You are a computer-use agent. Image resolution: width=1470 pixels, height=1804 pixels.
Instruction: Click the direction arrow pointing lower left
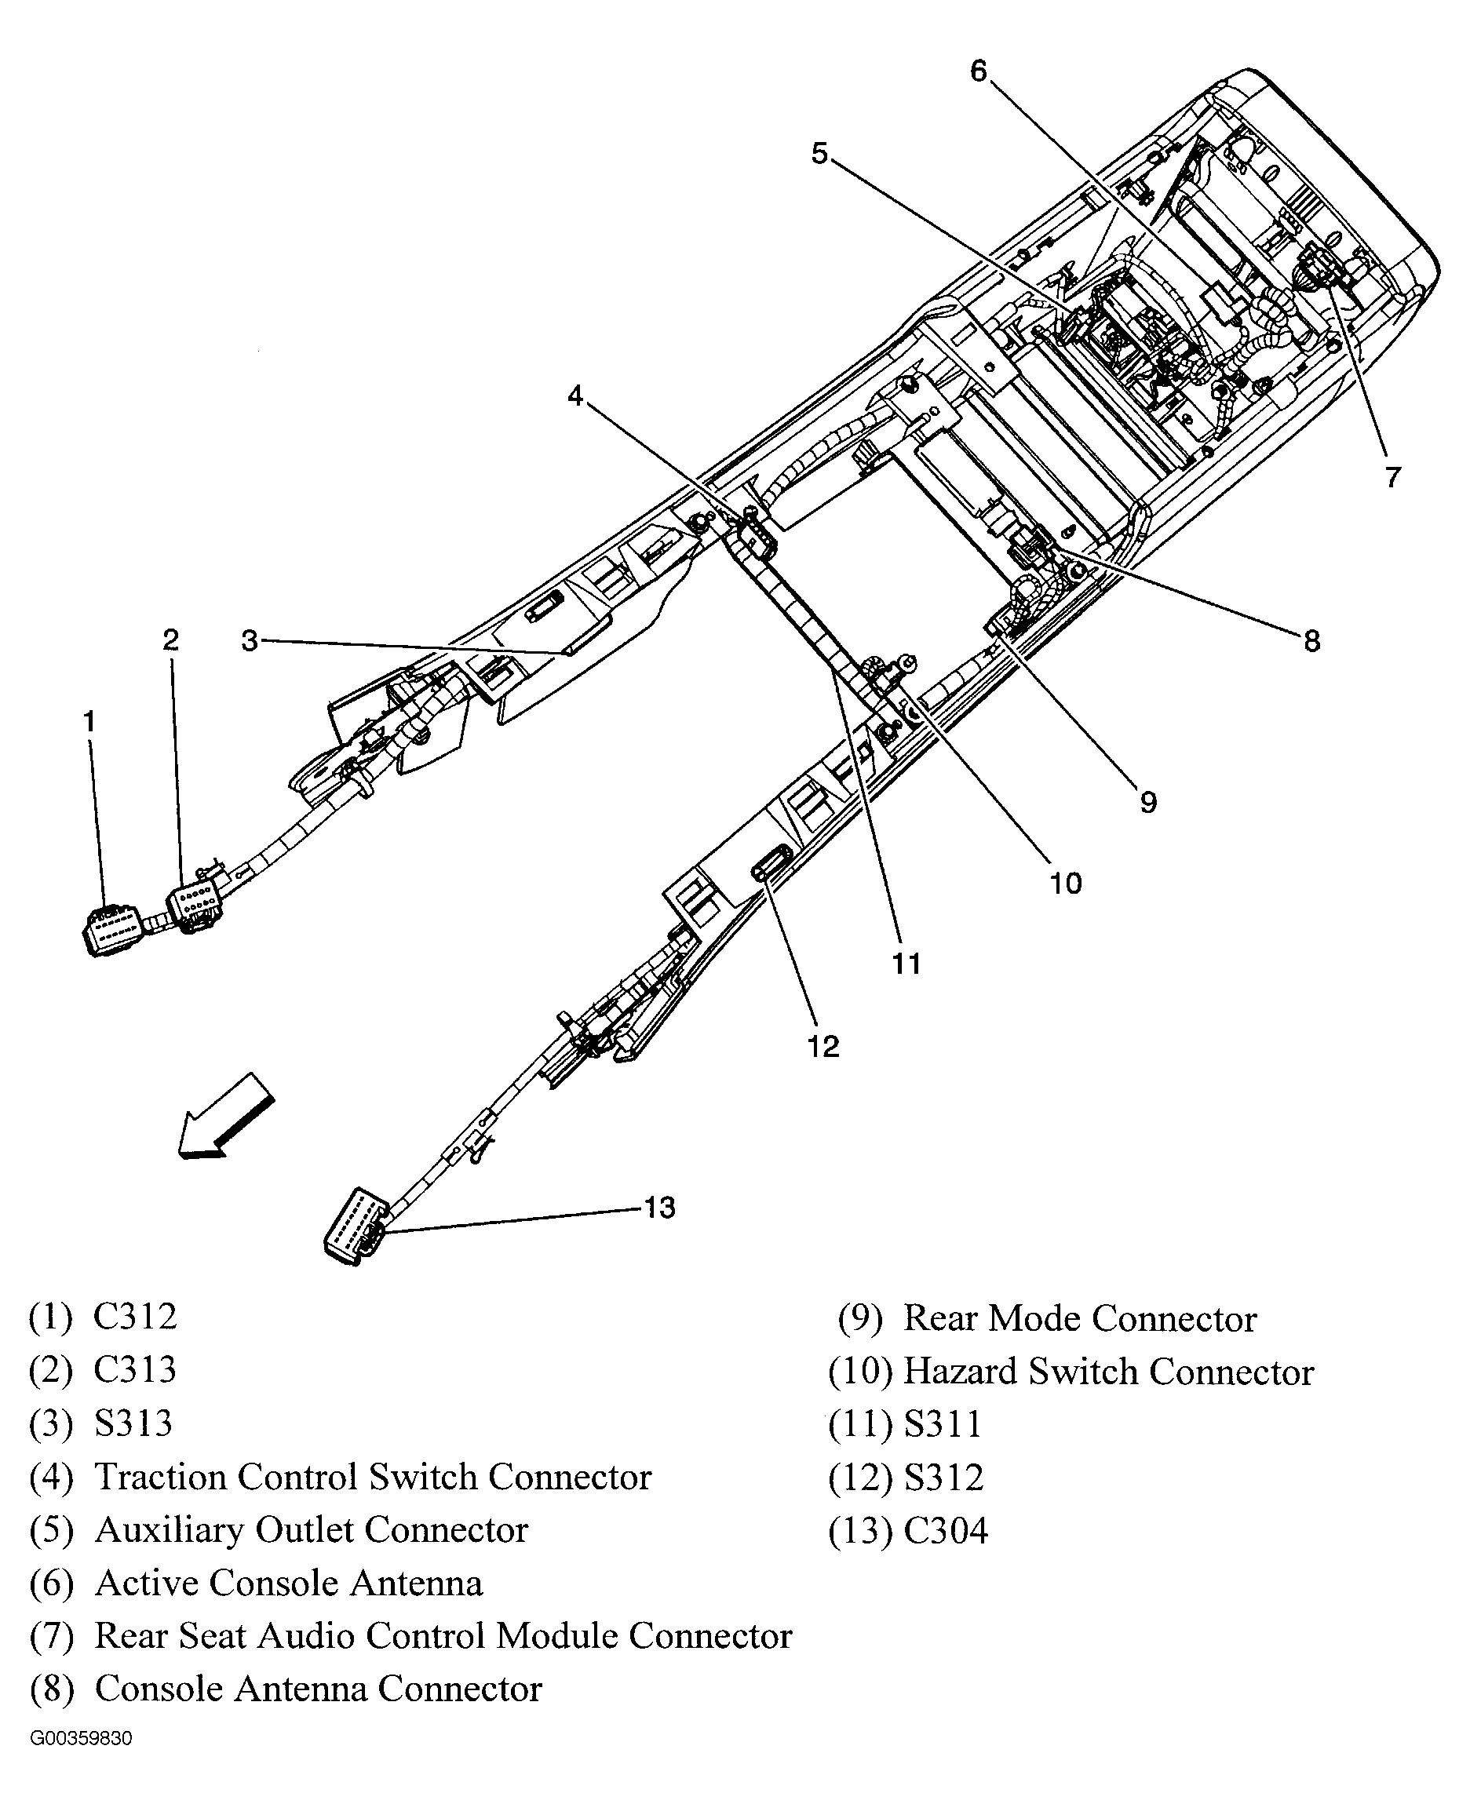click(224, 1117)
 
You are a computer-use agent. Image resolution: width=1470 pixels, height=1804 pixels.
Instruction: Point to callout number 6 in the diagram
click(979, 71)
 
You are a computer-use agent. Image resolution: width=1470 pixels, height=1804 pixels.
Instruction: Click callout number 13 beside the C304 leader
click(658, 1207)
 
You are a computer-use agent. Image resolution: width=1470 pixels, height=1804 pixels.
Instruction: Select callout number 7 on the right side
click(1393, 477)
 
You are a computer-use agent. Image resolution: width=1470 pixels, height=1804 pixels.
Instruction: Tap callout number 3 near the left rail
click(249, 641)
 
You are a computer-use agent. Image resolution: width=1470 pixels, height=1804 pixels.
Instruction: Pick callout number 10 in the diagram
click(1065, 884)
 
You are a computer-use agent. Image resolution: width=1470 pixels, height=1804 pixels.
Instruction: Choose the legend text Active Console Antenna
click(289, 1583)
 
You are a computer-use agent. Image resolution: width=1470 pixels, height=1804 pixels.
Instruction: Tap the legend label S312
click(943, 1478)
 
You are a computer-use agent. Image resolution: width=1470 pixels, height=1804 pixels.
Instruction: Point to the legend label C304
click(945, 1532)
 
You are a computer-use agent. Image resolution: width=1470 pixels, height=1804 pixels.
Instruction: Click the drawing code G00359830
click(82, 1739)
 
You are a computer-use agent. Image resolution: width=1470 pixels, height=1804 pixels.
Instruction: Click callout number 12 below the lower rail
click(823, 1048)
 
